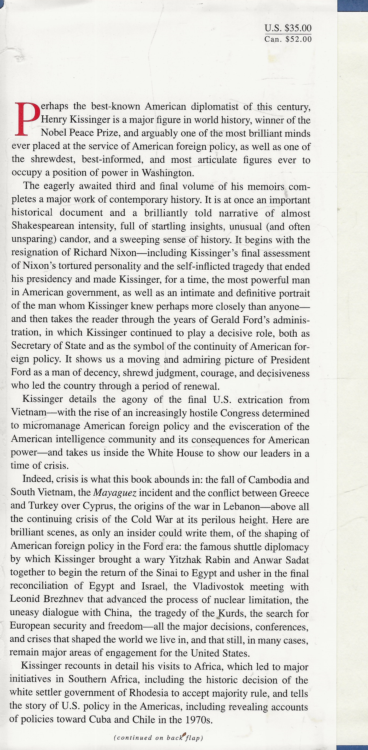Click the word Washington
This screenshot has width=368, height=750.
pos(168,173)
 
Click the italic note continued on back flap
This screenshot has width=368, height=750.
pos(158,738)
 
